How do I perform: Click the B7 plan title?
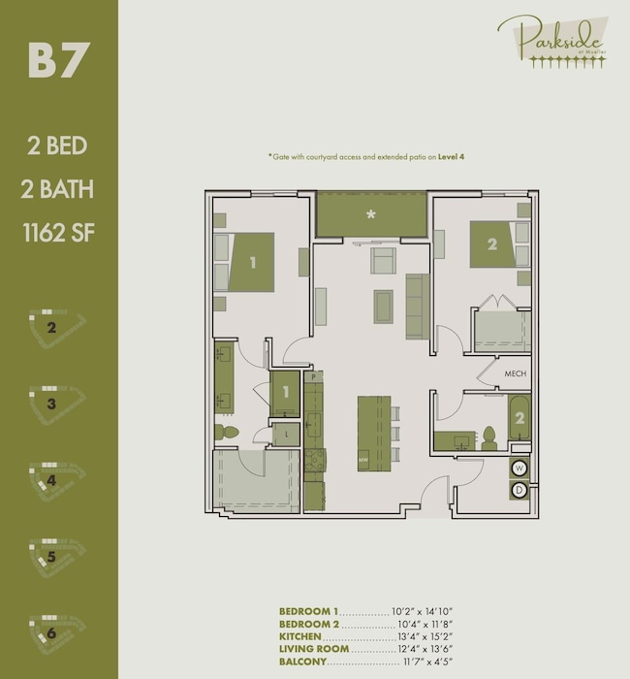pos(58,60)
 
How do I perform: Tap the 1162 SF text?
pos(58,232)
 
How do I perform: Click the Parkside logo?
pos(552,40)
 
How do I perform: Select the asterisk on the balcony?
pos(370,214)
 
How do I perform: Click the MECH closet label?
pos(515,373)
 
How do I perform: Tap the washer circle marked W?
pos(520,469)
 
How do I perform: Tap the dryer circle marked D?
pos(520,490)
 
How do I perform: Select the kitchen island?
pos(373,433)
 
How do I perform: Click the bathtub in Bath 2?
pos(520,419)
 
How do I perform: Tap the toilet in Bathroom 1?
pos(226,432)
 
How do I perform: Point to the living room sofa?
pos(417,306)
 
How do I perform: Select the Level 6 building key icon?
pos(58,630)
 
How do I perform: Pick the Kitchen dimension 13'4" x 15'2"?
pos(423,636)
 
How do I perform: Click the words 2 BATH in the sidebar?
pos(58,189)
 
